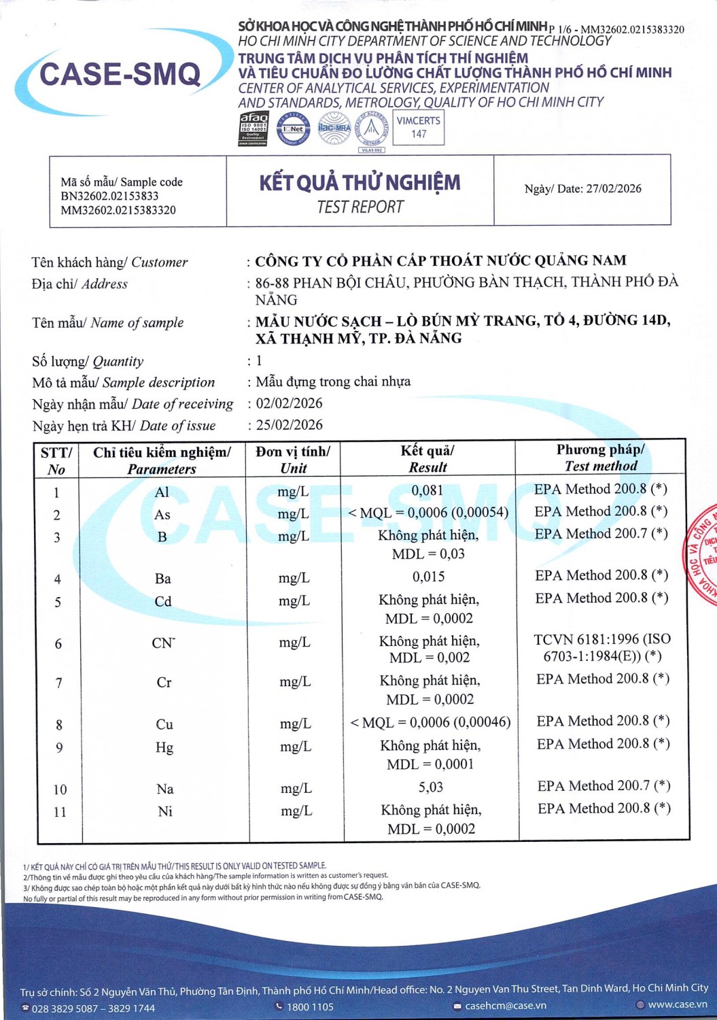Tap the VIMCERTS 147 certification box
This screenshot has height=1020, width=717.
419,127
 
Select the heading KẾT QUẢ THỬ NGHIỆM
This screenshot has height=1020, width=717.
360,183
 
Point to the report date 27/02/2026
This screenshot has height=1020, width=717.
613,189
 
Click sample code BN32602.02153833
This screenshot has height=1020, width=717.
109,196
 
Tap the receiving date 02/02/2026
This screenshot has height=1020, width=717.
289,403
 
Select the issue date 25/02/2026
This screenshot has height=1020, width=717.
289,425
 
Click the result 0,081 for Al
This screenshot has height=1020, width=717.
427,490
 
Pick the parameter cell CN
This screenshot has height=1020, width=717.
163,643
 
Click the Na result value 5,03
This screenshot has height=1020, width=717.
431,787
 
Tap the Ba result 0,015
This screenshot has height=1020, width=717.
429,577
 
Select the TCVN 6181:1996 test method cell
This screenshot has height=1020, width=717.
602,647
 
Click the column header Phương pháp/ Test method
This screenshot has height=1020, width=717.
601,458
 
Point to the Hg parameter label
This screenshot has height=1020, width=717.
164,747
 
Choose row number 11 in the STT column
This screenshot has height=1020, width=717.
60,812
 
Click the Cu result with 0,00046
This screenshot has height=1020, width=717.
430,722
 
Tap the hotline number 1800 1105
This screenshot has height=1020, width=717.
310,1006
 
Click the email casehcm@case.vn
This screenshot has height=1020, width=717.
505,1006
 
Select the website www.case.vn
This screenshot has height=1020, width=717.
677,1004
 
